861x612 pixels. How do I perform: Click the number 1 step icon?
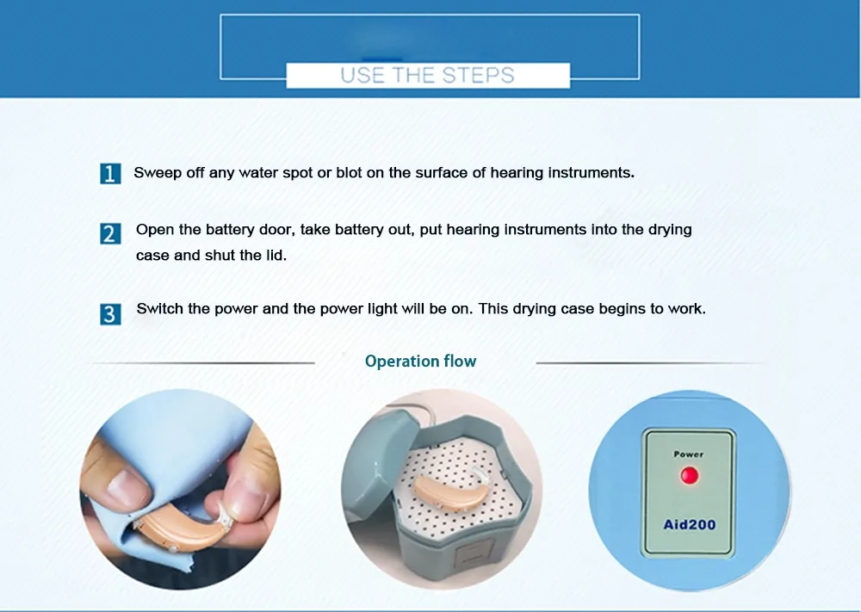(110, 174)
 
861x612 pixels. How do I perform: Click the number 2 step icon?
(110, 234)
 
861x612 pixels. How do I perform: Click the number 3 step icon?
(110, 314)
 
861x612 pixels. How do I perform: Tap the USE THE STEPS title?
(427, 75)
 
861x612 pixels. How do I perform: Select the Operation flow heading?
(421, 362)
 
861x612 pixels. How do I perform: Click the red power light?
(690, 475)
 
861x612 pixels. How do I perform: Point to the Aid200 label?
(690, 525)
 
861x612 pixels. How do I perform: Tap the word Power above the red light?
(689, 454)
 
